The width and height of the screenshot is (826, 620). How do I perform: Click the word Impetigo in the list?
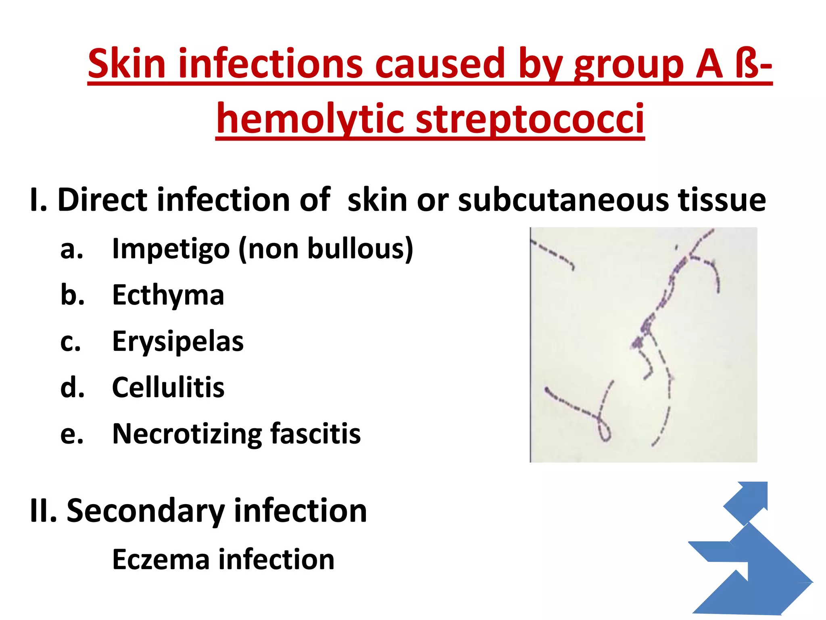[x=171, y=249]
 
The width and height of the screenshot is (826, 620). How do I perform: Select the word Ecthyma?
[x=168, y=295]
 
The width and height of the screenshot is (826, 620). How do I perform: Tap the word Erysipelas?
[x=178, y=341]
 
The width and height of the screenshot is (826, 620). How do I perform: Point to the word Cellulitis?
[x=168, y=387]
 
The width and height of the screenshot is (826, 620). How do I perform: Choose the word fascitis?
[x=315, y=434]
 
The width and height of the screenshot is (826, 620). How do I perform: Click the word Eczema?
[x=161, y=559]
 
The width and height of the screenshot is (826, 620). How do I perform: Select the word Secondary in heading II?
[x=146, y=511]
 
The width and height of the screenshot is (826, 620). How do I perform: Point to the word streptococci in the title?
[x=530, y=118]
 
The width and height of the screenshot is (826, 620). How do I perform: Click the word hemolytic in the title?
[x=310, y=118]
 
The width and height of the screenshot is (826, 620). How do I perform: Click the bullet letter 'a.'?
[x=72, y=249]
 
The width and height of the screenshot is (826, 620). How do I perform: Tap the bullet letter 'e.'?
[x=72, y=434]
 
